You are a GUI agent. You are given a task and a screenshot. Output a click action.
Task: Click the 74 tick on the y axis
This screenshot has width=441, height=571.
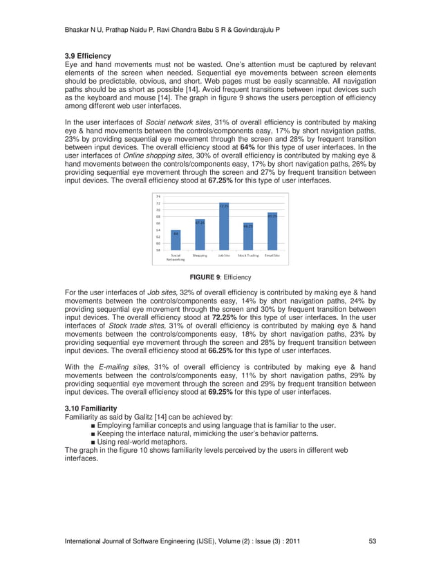tap(158, 197)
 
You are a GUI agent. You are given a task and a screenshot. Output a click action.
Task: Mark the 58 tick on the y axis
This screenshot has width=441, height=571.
tap(158, 250)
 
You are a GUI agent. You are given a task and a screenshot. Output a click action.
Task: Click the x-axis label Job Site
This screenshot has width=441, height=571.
tap(224, 256)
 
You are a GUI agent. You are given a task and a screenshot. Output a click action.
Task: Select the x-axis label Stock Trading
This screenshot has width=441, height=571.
tap(248, 256)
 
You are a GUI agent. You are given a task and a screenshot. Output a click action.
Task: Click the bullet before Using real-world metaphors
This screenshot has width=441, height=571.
tap(93, 442)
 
